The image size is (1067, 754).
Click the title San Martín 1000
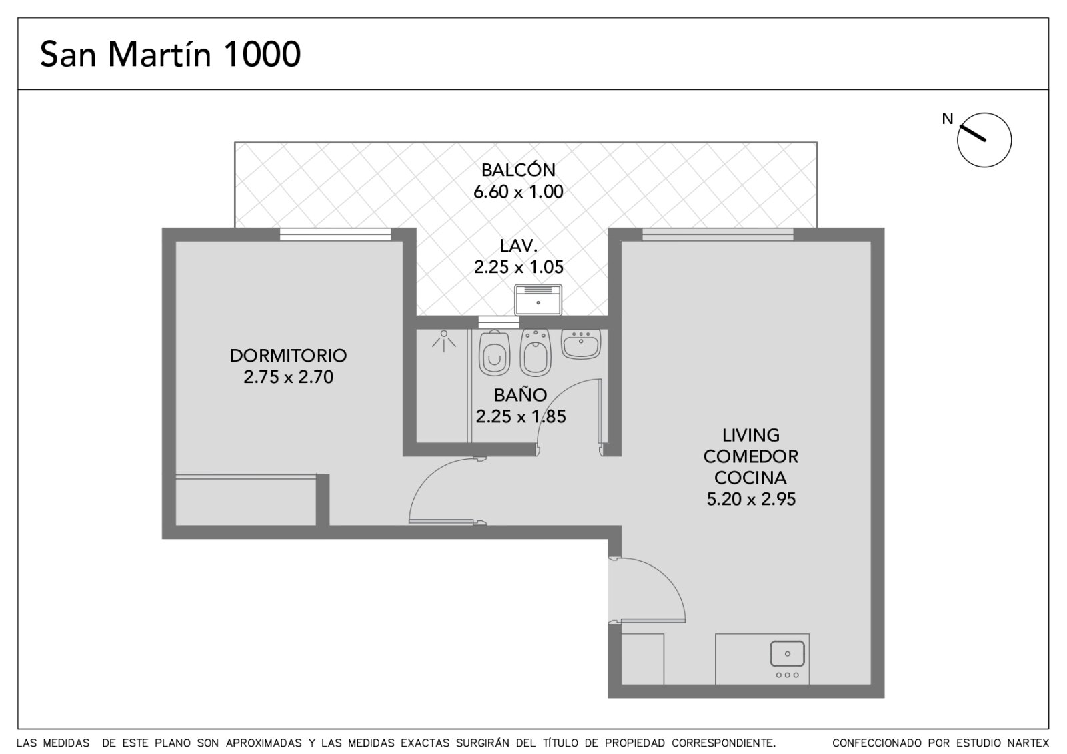coord(170,54)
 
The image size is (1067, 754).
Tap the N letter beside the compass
coord(948,119)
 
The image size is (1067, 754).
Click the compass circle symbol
coord(984,140)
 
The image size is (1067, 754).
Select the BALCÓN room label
coord(518,170)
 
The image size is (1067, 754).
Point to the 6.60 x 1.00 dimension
coord(518,192)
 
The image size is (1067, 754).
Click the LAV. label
coord(518,246)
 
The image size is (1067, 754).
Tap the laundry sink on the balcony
coord(538,300)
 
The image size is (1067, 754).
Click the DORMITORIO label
coord(288,356)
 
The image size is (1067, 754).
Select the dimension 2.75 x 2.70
coord(288,377)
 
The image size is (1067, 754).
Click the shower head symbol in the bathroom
coord(444,341)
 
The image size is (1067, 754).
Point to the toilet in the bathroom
coord(494,352)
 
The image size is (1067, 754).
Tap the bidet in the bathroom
coord(536,352)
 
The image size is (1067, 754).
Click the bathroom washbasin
coord(581,344)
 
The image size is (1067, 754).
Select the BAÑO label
coord(520,395)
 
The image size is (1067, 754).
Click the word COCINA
coord(750,478)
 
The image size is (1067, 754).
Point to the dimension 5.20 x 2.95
coord(751,499)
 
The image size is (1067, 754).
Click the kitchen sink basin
coord(788,653)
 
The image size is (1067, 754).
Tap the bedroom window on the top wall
coord(335,234)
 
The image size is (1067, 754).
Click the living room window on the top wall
coord(718,234)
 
